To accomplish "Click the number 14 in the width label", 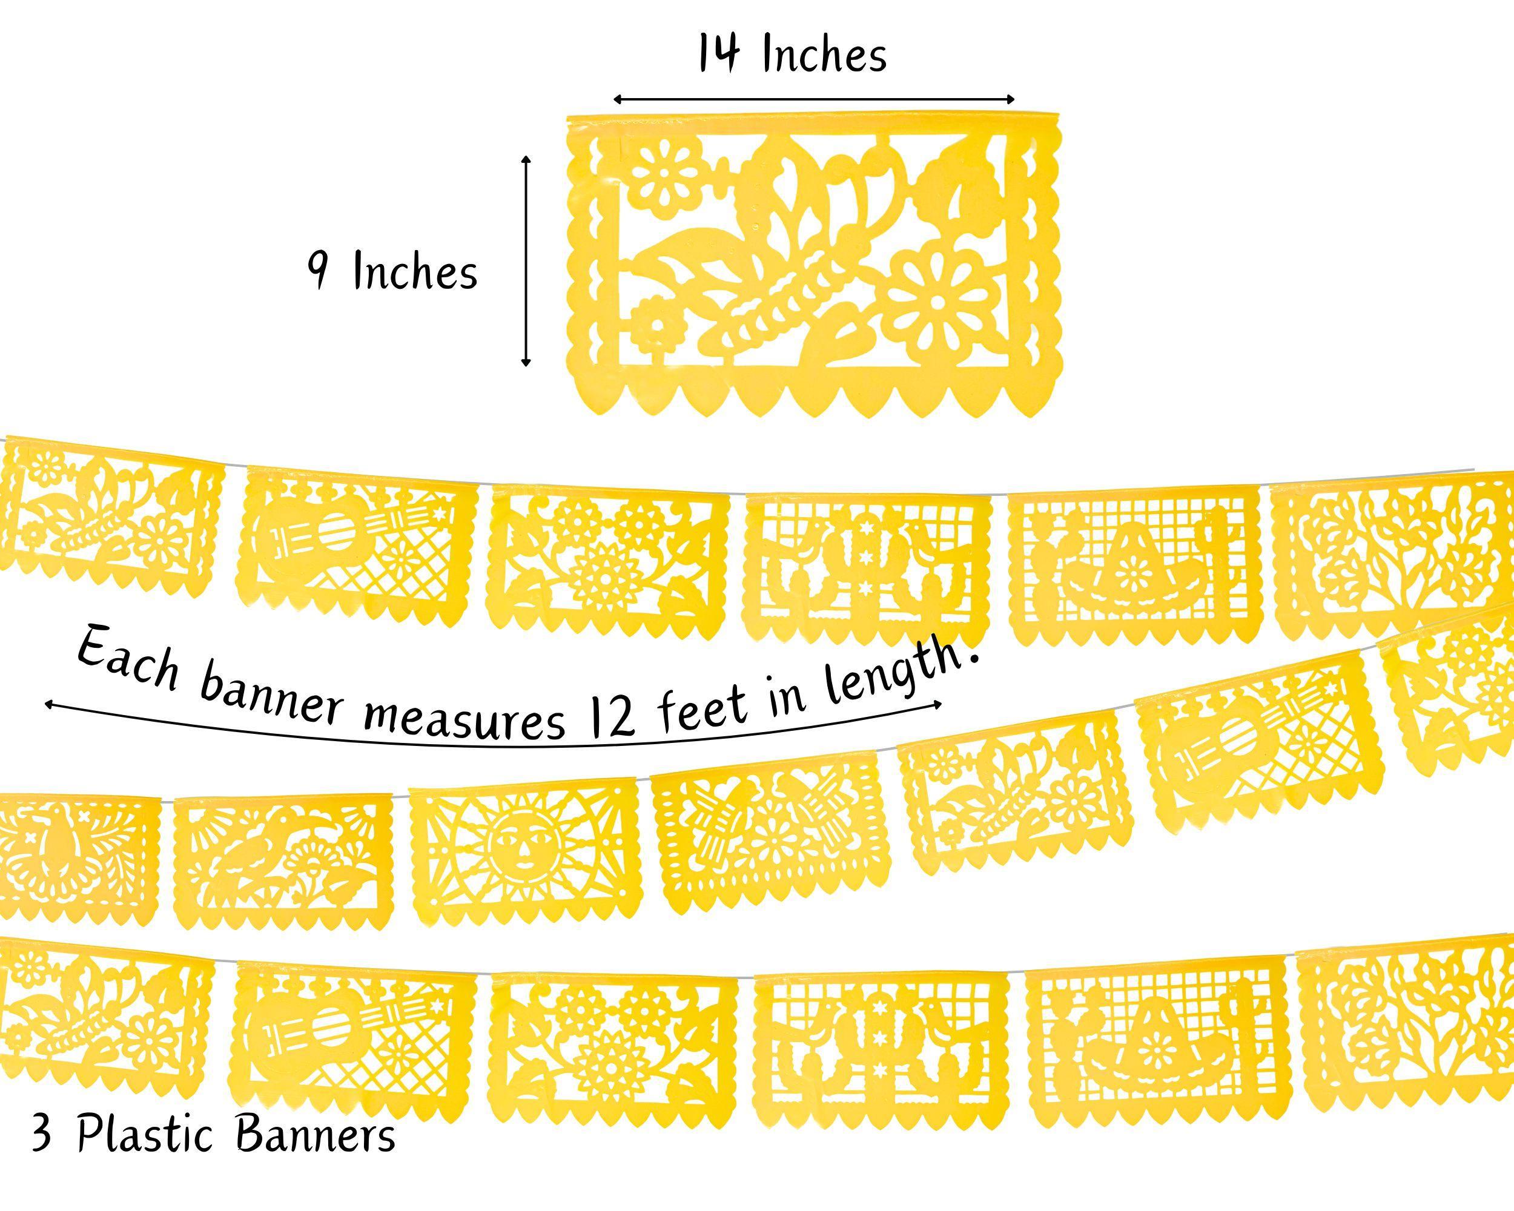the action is click(719, 54).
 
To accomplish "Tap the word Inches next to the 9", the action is click(415, 271).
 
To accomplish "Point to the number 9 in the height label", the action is click(319, 272).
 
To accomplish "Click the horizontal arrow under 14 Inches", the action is click(815, 98).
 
